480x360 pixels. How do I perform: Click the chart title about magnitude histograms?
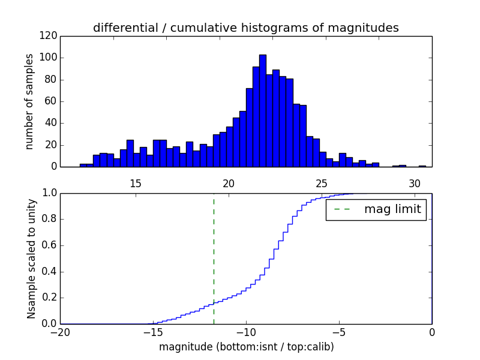(x=245, y=28)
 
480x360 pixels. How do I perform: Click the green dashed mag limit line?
(x=214, y=258)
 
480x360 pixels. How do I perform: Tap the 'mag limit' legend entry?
(x=376, y=210)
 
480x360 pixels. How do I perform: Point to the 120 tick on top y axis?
(x=50, y=36)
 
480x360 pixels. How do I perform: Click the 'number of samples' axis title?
(x=29, y=101)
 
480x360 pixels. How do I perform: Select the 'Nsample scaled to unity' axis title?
(x=31, y=259)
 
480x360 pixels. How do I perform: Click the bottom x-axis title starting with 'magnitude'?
(x=246, y=347)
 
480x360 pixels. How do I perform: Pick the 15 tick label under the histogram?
(x=135, y=184)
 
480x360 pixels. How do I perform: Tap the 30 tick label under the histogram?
(x=414, y=184)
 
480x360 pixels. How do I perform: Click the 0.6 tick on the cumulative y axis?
(x=50, y=245)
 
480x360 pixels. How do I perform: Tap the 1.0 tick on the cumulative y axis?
(x=50, y=193)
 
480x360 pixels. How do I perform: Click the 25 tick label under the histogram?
(x=321, y=184)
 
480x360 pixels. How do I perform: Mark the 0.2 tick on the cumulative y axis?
(x=50, y=298)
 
